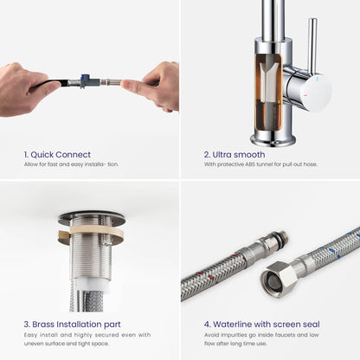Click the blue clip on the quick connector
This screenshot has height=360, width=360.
point(84,77)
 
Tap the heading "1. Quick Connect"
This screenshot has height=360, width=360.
point(57,155)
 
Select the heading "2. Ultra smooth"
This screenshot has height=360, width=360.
point(235,155)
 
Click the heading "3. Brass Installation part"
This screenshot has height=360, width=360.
point(73,325)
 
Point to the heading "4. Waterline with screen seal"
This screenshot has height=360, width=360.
point(262,325)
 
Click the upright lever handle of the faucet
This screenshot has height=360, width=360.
point(312,45)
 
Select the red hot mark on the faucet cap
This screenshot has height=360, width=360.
point(306,94)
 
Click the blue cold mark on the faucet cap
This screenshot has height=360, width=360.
point(318,79)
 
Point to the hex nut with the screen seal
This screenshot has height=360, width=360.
point(279,279)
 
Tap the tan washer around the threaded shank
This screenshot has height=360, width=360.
point(91,233)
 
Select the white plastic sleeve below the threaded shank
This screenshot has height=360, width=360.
point(91,285)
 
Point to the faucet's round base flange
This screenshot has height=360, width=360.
point(273,140)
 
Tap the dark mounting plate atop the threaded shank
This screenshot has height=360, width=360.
point(91,218)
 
